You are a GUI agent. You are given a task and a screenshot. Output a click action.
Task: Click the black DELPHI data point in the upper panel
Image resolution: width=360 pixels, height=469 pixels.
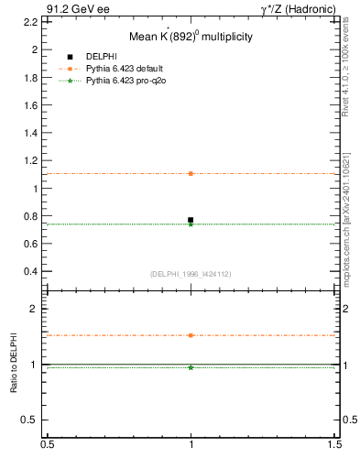(x=191, y=220)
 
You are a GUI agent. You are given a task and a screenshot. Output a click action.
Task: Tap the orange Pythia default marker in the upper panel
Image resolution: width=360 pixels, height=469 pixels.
(x=191, y=173)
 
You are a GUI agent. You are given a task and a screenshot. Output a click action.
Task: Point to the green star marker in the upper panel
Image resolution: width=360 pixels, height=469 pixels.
(x=191, y=224)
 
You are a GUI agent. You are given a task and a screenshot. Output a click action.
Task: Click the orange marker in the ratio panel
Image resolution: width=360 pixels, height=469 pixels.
(x=191, y=335)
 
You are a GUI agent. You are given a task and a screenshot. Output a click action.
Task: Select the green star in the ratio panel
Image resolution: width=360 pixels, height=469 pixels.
(x=191, y=367)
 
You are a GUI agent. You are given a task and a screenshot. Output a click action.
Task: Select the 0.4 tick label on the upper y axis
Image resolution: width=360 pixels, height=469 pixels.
(x=31, y=272)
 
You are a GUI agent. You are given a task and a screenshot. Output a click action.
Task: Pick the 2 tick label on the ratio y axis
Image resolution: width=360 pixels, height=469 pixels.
(x=35, y=309)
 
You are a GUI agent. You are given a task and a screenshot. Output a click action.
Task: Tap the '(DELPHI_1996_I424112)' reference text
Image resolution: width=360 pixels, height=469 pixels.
(x=191, y=274)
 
